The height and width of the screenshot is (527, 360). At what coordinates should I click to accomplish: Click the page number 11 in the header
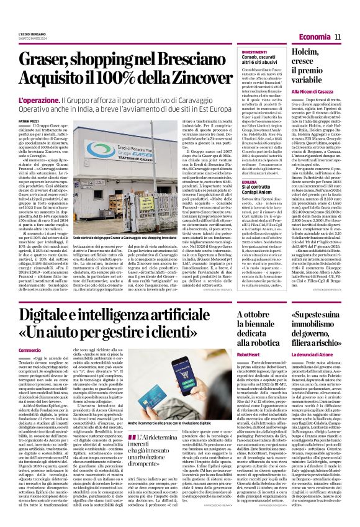click(x=339, y=38)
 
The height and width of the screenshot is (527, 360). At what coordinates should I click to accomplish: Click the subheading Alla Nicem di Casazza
click(x=312, y=91)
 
